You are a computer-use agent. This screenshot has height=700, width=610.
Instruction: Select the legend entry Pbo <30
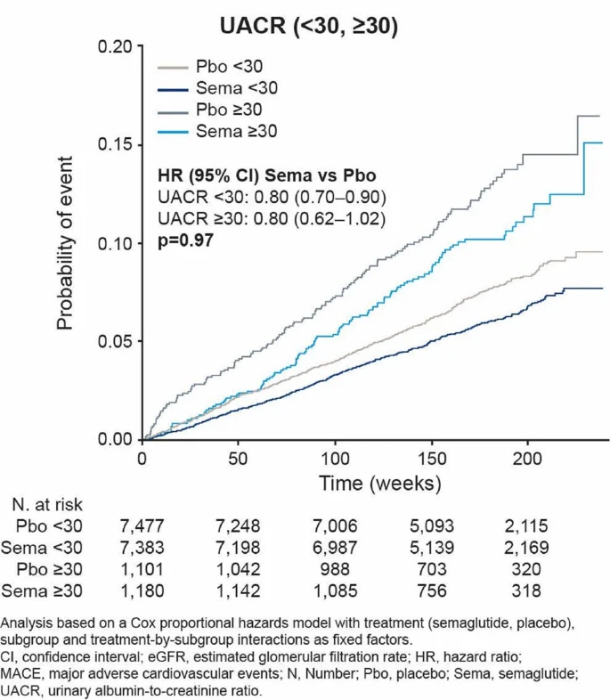click(x=236, y=66)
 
